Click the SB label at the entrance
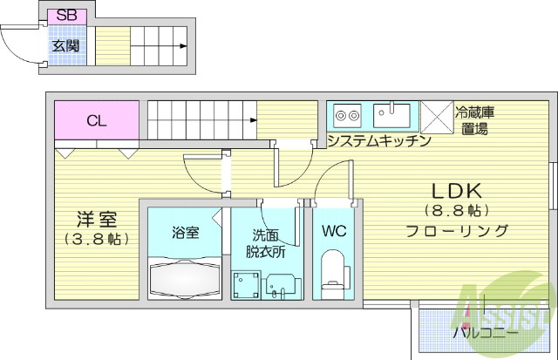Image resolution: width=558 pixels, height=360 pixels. tap(65, 17)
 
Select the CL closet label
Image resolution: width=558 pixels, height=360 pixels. tap(97, 121)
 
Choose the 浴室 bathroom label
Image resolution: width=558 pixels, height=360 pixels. tap(184, 233)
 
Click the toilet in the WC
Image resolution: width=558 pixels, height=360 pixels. tap(334, 272)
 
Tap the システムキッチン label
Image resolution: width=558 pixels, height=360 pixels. tap(378, 140)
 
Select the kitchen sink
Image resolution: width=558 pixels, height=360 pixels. tap(391, 114)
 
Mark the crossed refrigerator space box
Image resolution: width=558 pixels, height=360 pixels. tap(434, 116)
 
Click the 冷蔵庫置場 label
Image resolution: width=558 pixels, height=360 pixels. tap(476, 120)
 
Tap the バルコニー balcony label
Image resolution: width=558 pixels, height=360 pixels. tap(485, 333)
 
